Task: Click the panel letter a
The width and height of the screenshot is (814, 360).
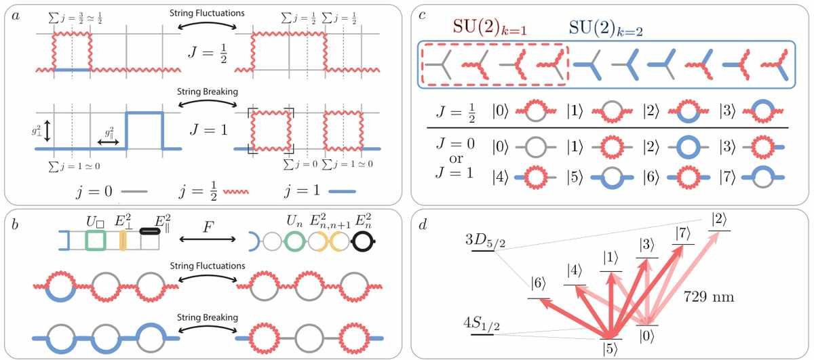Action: pyautogui.click(x=16, y=16)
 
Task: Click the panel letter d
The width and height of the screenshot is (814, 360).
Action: pyautogui.click(x=423, y=224)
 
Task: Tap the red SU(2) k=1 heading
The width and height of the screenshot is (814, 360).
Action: pyautogui.click(x=490, y=27)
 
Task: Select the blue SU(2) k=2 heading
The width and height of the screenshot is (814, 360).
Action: pyautogui.click(x=605, y=28)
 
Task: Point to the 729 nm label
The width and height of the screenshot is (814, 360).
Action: pyautogui.click(x=709, y=297)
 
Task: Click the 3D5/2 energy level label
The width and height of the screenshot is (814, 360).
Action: pyautogui.click(x=485, y=241)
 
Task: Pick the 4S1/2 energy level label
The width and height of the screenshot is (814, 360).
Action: pyautogui.click(x=482, y=323)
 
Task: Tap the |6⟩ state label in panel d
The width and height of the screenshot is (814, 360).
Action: pyautogui.click(x=538, y=283)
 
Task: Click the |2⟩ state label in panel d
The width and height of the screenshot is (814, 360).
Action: pyautogui.click(x=720, y=220)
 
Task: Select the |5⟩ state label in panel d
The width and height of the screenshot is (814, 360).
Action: pyautogui.click(x=610, y=348)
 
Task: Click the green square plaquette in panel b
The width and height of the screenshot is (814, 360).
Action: pyautogui.click(x=96, y=241)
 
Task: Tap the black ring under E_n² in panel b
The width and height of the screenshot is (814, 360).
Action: pyautogui.click(x=364, y=241)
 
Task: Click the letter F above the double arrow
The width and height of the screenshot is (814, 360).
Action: pyautogui.click(x=208, y=226)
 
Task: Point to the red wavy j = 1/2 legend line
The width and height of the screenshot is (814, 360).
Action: pyautogui.click(x=236, y=191)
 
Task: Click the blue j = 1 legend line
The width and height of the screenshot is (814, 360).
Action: pyautogui.click(x=342, y=191)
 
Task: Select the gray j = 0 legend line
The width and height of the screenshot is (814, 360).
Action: pyautogui.click(x=134, y=191)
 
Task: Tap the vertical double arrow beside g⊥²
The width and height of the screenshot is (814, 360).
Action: pyautogui.click(x=47, y=131)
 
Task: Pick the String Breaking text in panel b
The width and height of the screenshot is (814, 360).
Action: pyautogui.click(x=208, y=317)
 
